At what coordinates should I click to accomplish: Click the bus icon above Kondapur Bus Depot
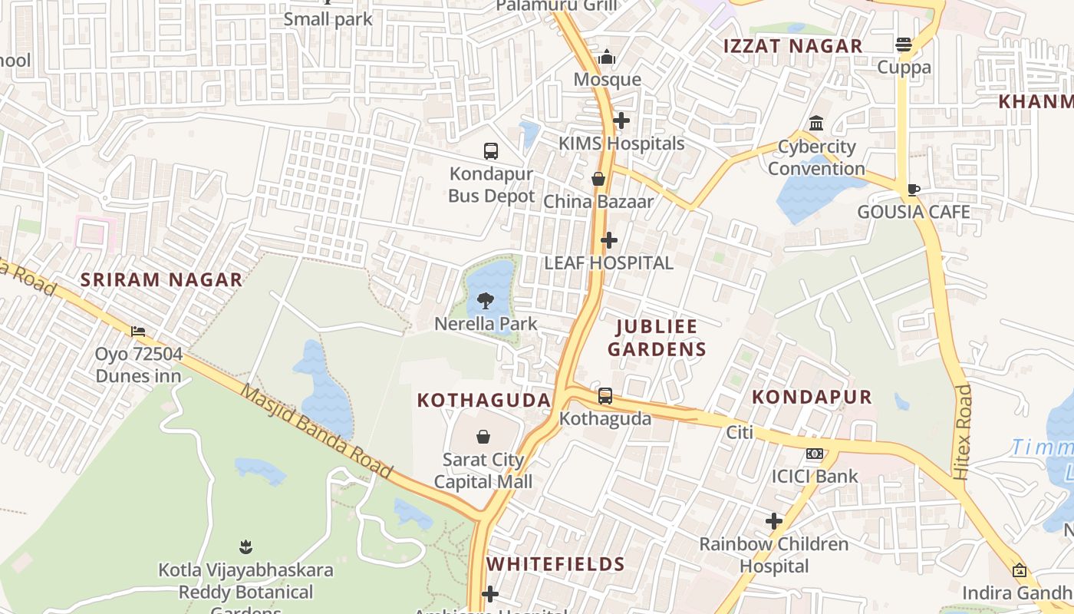[x=491, y=151]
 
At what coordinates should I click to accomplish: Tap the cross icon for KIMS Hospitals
[x=621, y=120]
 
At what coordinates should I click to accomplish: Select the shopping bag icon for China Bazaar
[x=598, y=179]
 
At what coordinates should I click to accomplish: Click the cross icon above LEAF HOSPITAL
[x=609, y=240]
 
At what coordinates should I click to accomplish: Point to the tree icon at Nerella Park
[x=486, y=301]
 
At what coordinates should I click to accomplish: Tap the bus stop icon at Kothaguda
[x=605, y=396]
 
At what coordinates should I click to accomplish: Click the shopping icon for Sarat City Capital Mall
[x=483, y=437]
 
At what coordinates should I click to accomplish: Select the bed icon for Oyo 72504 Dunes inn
[x=138, y=332]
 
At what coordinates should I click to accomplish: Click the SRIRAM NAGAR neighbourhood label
[x=162, y=280]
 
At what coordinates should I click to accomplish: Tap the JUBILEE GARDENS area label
[x=657, y=338]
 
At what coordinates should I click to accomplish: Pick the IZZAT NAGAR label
[x=793, y=46]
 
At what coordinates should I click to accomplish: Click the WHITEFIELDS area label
[x=555, y=564]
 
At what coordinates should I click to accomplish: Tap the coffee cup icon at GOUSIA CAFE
[x=913, y=190]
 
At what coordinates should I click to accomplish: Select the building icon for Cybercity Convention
[x=816, y=124]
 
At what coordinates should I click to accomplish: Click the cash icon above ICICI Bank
[x=815, y=454]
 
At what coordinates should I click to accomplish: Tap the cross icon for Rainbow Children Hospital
[x=774, y=522]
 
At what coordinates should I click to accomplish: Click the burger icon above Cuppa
[x=904, y=45]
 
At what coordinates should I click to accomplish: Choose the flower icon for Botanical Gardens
[x=245, y=547]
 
